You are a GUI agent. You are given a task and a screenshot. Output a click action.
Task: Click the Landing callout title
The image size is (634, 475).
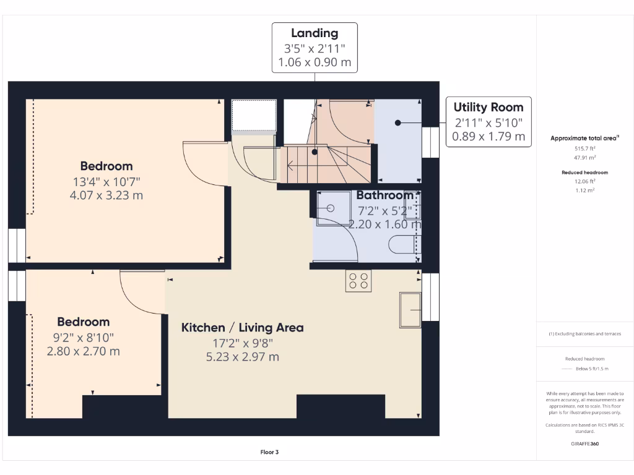point(315,33)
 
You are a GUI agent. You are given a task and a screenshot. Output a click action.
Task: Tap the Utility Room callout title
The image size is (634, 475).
point(489,107)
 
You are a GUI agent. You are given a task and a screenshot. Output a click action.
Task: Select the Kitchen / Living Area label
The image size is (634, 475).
point(242,327)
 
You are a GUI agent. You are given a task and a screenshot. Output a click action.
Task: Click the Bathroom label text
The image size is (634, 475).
point(384,195)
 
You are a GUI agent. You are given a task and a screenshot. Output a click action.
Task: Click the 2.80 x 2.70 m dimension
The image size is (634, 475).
point(83,351)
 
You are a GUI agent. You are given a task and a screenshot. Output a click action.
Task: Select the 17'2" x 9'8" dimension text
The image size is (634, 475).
point(242,343)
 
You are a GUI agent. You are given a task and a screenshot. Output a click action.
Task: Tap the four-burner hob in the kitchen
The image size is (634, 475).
point(358,281)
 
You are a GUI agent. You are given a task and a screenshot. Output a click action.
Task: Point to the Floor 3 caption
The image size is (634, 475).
point(269,452)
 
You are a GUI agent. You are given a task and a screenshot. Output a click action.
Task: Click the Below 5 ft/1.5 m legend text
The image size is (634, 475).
point(593,369)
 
